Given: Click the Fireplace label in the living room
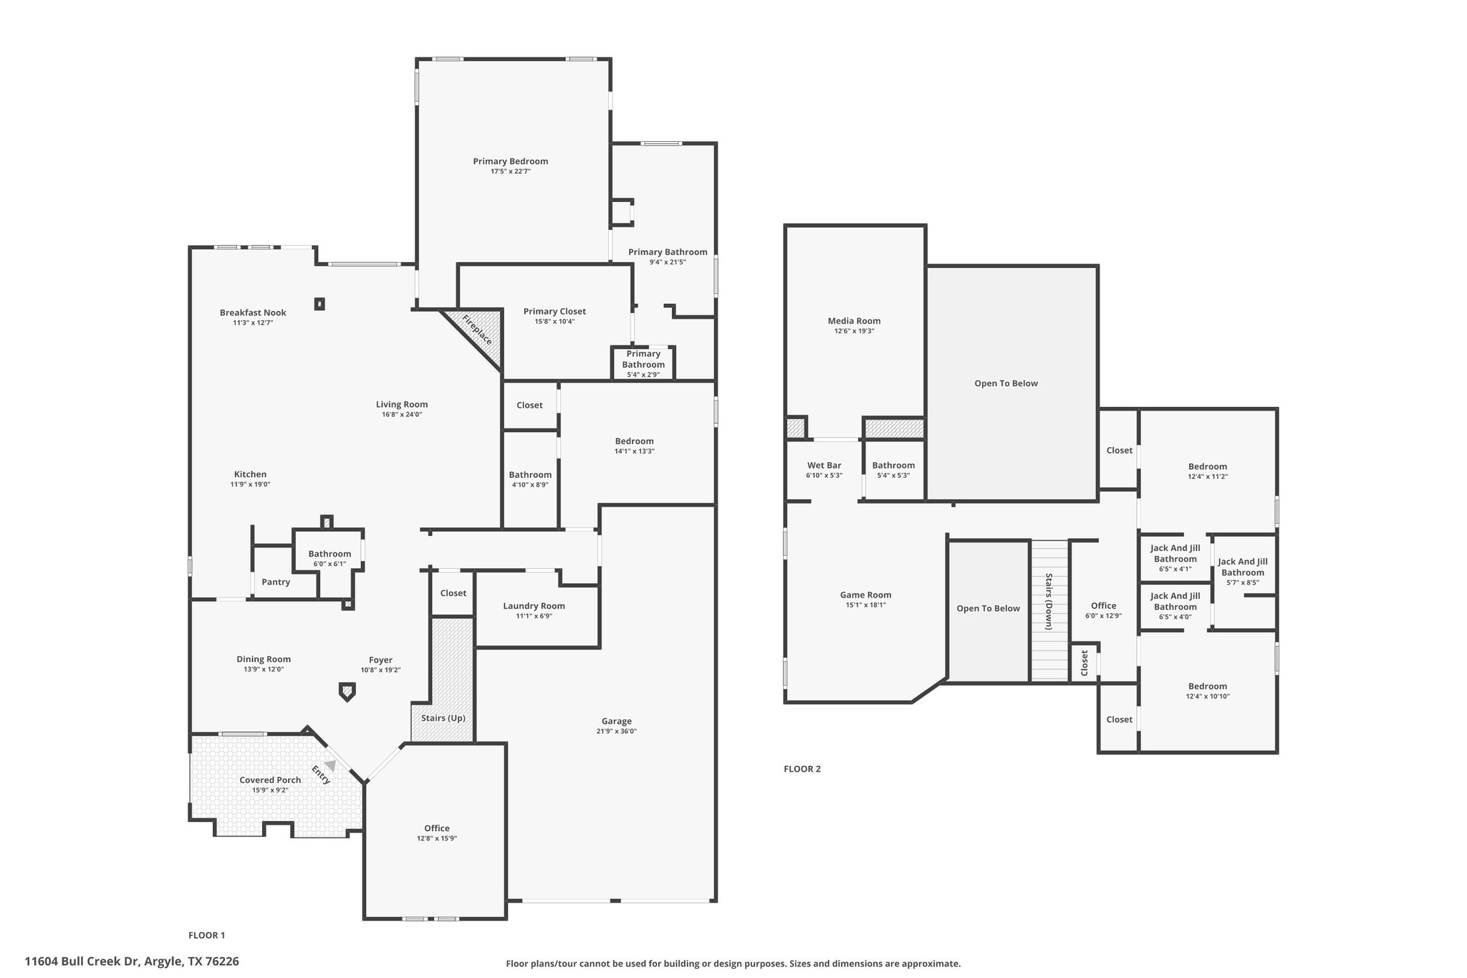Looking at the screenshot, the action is (477, 330).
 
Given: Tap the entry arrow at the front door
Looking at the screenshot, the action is (330, 765).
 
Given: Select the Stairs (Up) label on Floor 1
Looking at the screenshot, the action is (443, 718).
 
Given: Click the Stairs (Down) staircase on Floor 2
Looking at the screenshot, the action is (1049, 610).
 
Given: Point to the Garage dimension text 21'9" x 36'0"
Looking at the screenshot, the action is (617, 732).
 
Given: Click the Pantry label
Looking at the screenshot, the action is (276, 582).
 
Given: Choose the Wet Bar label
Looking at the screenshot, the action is (824, 466).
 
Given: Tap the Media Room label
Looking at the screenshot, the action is (855, 321).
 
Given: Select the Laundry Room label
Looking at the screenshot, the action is (534, 606).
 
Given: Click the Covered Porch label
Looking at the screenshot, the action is (270, 780).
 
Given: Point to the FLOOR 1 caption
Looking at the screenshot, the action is (207, 935).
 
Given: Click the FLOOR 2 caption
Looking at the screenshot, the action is (802, 769).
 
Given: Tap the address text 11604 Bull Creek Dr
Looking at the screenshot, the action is (82, 962).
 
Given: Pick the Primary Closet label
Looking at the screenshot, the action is (554, 312).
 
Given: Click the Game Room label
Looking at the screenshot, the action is (865, 595).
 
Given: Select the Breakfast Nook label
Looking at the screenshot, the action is (253, 312).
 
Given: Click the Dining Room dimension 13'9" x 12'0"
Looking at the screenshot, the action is (264, 669).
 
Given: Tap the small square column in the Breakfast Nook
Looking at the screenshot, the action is (319, 304).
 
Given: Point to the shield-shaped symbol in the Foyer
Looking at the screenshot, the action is (347, 692).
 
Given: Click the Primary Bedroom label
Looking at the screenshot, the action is (511, 161).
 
